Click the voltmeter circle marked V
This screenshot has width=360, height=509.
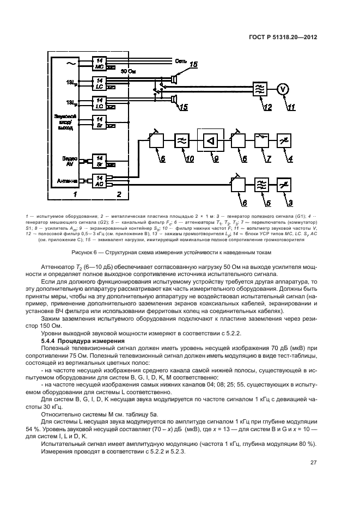click(x=282, y=88)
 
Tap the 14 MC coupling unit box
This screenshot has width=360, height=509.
click(x=100, y=63)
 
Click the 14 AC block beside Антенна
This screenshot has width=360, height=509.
click(x=100, y=181)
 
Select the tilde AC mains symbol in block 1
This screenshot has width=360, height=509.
click(x=69, y=64)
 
